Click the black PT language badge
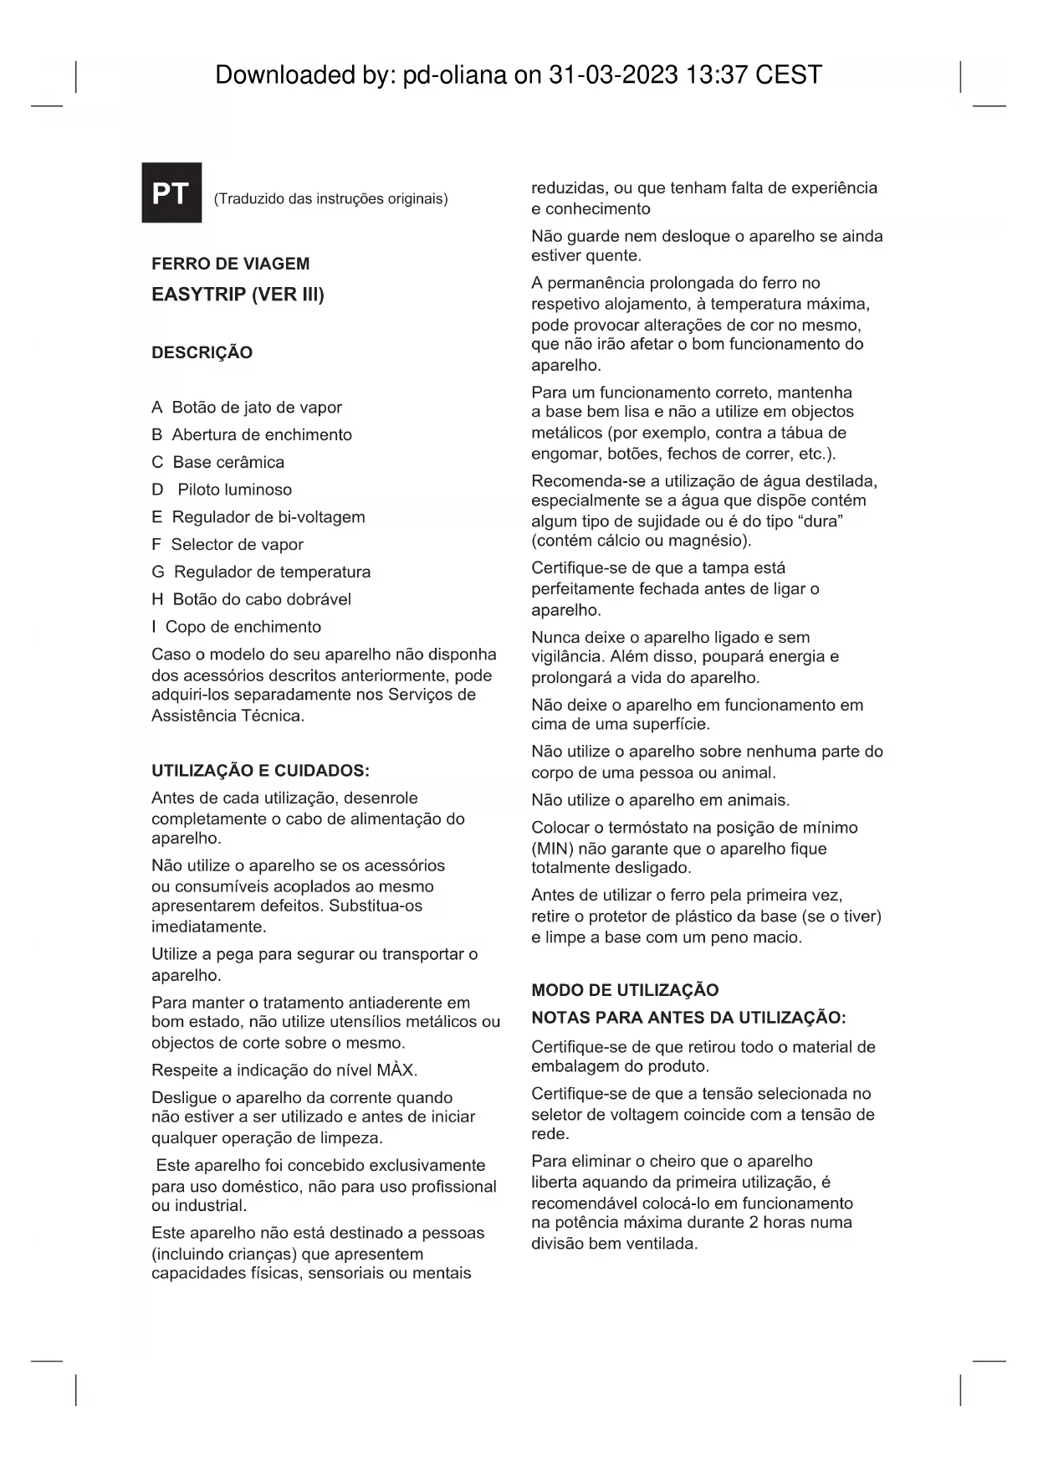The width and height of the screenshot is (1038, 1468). (x=171, y=192)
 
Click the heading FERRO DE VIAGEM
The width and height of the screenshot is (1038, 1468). (x=230, y=264)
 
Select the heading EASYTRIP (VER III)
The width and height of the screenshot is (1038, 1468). (x=238, y=295)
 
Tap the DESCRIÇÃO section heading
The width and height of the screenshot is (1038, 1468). (x=202, y=352)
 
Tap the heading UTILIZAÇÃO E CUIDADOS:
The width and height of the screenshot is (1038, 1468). (x=260, y=771)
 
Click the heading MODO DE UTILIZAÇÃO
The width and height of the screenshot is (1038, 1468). (x=625, y=990)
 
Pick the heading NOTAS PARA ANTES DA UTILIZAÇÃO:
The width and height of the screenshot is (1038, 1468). (x=688, y=1018)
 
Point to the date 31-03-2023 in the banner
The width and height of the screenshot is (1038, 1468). (x=612, y=75)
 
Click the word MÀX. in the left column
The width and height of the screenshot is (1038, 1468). (x=396, y=1070)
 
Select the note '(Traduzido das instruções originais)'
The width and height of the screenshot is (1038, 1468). (x=330, y=199)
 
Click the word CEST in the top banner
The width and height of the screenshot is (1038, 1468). (x=788, y=75)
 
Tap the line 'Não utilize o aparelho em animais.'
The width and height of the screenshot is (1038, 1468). (x=660, y=800)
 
